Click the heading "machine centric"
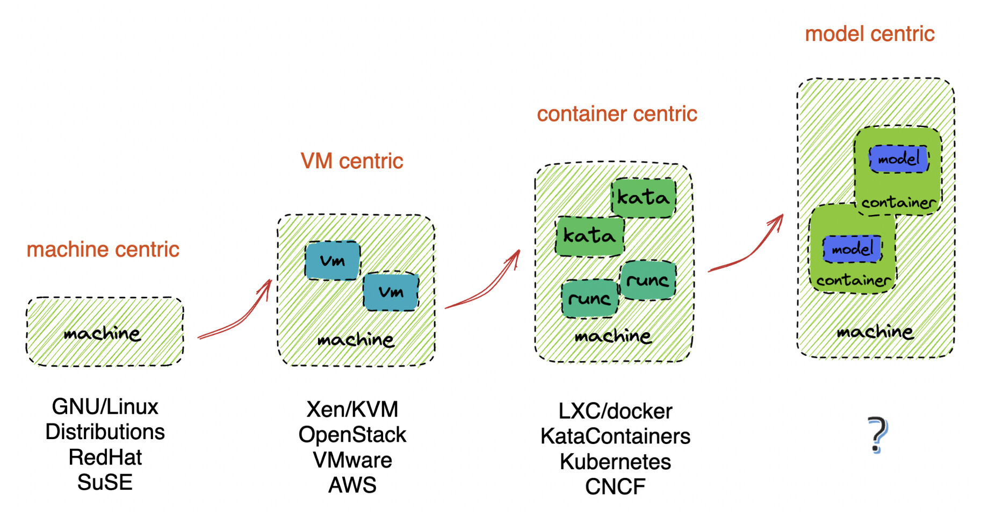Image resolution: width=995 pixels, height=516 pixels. tap(103, 249)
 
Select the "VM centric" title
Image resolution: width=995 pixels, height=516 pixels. tap(351, 161)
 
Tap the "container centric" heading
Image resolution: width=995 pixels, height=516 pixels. tap(617, 114)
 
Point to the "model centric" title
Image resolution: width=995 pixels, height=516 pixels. tap(869, 34)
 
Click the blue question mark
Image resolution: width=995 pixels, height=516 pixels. tap(877, 434)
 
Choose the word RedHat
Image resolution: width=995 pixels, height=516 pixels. tap(105, 457)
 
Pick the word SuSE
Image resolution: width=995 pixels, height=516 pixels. tap(105, 483)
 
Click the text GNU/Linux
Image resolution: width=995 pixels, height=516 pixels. tap(105, 407)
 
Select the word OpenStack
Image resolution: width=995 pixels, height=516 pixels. tap(352, 435)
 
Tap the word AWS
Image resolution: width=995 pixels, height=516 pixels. tap(352, 485)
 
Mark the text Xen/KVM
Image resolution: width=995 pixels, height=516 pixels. tap(352, 410)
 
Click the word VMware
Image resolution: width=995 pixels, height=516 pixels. tap(352, 460)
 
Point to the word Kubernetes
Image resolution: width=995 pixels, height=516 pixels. tap(615, 462)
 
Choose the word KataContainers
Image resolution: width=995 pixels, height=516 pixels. tap(615, 436)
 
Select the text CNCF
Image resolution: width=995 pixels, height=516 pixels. tap(615, 487)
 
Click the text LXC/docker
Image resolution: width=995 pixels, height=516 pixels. tap(615, 411)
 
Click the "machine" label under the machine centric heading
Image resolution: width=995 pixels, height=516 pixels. tap(102, 334)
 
